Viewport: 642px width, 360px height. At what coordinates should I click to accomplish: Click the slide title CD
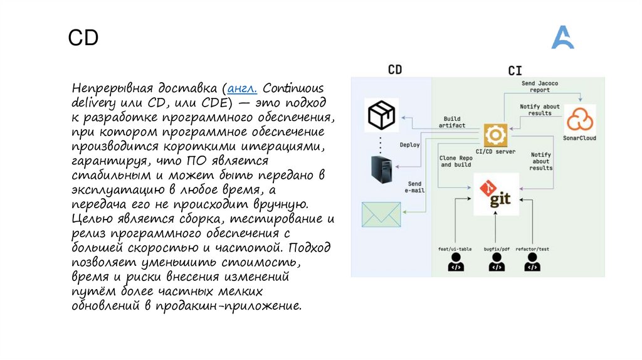83,38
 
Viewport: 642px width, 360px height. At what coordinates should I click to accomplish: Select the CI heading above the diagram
515,70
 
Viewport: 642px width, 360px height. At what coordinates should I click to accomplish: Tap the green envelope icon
381,213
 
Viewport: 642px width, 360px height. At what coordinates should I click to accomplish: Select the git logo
496,194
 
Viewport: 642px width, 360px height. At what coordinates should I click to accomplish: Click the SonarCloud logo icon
579,119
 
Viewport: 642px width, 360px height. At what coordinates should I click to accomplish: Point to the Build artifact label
451,122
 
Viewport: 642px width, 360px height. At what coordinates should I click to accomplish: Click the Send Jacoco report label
539,86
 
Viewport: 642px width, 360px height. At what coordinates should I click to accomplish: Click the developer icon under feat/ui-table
455,263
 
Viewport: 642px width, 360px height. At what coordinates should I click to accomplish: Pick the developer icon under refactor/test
532,263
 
